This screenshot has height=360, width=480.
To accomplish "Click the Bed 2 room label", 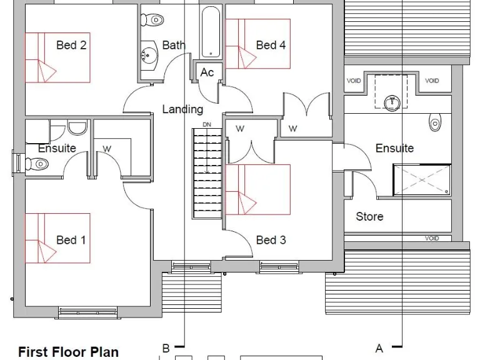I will (x=71, y=45).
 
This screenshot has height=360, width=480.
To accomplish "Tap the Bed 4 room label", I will (x=271, y=45).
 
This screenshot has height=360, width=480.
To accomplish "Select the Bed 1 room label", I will (x=71, y=240).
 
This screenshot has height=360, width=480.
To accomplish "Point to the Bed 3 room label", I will (x=271, y=240).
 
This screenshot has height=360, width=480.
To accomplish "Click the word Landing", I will (x=182, y=109).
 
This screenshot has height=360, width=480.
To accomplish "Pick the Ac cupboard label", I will (x=207, y=72).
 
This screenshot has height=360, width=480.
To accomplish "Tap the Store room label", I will (x=369, y=217).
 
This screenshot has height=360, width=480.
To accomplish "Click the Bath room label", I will (x=174, y=45).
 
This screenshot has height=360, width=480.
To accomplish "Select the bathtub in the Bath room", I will (x=211, y=31).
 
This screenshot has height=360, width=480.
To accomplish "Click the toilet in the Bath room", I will (x=152, y=20).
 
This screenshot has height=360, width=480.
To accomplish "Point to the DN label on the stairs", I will (x=207, y=125).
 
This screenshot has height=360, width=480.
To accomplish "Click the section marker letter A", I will (x=379, y=347).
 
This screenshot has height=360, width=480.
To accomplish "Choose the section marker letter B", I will (x=166, y=348).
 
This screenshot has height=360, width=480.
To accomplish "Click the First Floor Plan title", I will (x=68, y=352).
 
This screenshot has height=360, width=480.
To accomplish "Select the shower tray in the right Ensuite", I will (x=422, y=179).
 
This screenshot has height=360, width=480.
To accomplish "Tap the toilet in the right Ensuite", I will (x=435, y=122).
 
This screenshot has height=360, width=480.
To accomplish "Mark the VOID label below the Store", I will (x=432, y=238).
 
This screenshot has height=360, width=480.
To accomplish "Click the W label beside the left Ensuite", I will (x=107, y=149).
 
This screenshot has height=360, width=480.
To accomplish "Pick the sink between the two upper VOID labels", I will (x=392, y=100).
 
